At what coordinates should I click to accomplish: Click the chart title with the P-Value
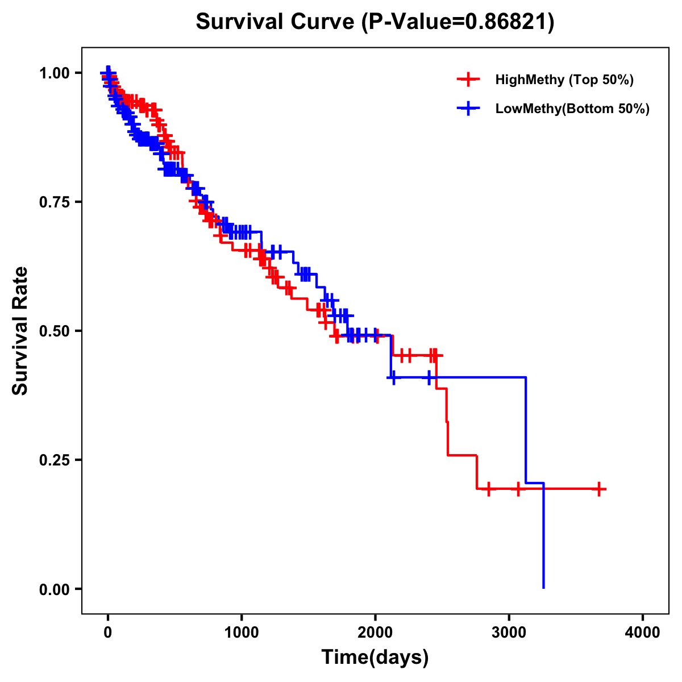375,22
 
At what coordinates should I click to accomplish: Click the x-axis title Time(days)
375,658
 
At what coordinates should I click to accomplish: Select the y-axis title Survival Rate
20,330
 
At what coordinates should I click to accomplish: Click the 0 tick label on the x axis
108,633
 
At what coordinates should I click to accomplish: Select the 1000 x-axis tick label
242,633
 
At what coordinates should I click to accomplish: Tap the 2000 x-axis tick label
375,633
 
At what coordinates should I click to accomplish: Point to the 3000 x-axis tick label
509,633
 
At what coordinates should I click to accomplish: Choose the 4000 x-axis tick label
643,633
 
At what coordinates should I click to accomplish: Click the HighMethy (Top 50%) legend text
564,80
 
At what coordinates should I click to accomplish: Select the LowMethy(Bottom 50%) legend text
572,109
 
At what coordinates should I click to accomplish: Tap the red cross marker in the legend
468,80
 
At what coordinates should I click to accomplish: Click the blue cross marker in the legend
468,109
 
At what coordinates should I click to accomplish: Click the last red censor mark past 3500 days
599,489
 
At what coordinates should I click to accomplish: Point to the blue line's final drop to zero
544,540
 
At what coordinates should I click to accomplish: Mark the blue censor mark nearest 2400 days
429,377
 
